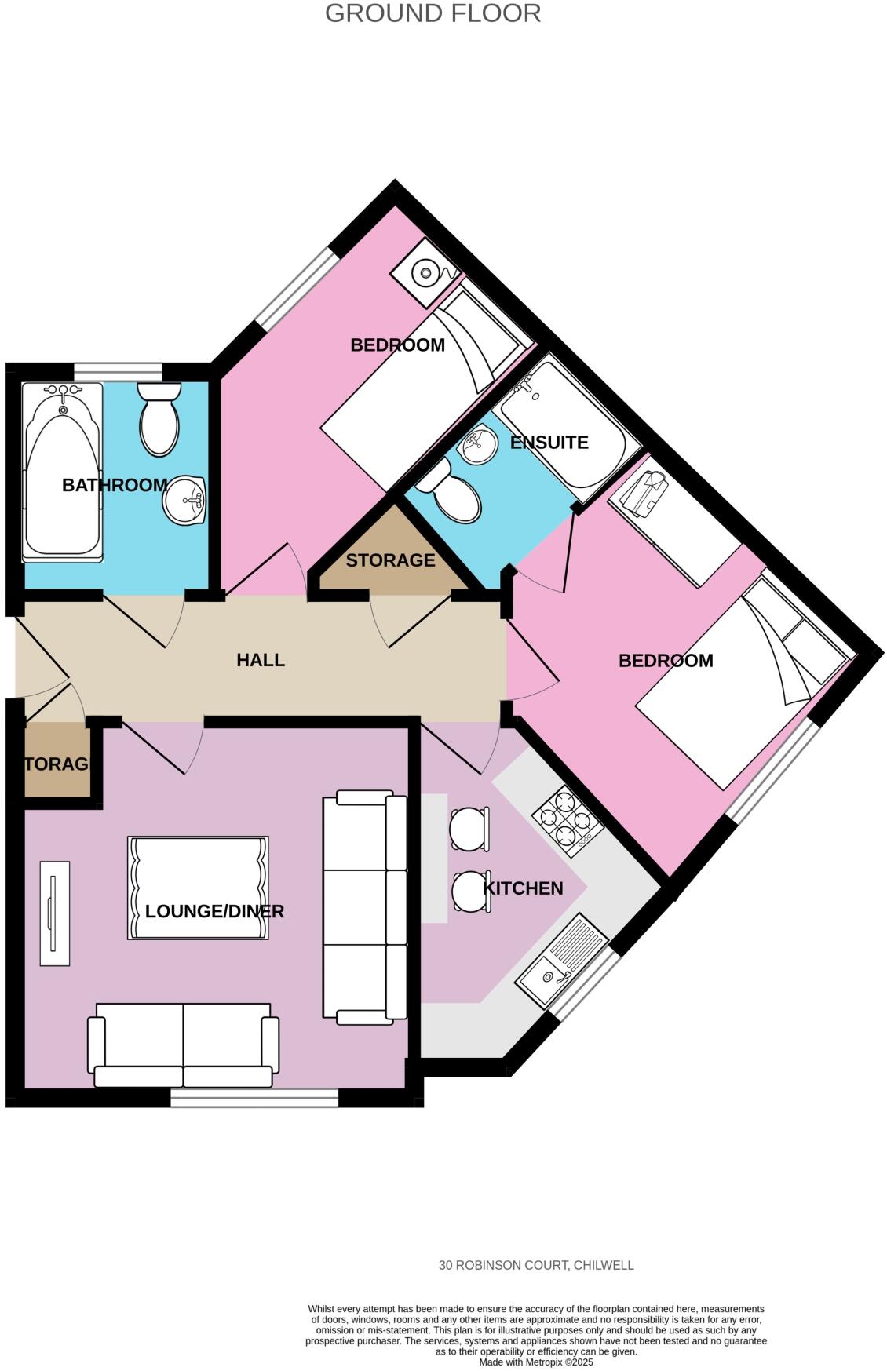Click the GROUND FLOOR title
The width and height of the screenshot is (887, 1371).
433,13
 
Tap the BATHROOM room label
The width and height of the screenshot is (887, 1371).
115,485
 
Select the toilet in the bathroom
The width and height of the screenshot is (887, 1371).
159,420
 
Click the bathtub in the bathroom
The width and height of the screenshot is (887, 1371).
63,472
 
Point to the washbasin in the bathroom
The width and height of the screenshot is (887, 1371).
185,499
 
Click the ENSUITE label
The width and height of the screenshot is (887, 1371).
549,443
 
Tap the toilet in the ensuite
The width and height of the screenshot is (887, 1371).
453,493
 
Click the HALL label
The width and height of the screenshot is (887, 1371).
261,660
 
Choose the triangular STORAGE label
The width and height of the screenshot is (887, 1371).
390,560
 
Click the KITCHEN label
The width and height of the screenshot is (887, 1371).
523,888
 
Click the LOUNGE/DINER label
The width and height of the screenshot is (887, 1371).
214,911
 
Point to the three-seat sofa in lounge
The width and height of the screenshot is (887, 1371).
364,908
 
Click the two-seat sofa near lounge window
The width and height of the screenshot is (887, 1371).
184,1045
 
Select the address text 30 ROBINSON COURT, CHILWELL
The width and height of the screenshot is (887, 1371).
536,1265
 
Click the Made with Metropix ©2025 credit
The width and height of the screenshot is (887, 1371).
536,1362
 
